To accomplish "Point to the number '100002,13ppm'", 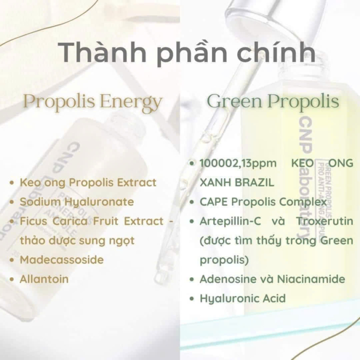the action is coord(238,164).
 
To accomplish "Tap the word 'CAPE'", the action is coord(213,202).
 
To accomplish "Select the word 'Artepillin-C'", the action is coord(230,221).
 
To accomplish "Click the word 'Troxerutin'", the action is coord(325,221).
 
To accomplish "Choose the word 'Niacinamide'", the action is coord(311,279).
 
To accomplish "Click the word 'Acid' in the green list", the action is coord(274,298).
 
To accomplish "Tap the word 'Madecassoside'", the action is coord(62,260).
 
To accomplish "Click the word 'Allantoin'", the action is coord(44,279).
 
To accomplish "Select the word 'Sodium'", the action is coord(40,202).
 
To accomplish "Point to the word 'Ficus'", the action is coord(34,221).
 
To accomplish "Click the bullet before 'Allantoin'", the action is coord(12,279).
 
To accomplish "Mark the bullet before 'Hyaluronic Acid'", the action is coord(192,299).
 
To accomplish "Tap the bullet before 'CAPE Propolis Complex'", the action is coord(192,202).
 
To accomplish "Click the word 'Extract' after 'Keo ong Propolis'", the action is coord(137,183).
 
